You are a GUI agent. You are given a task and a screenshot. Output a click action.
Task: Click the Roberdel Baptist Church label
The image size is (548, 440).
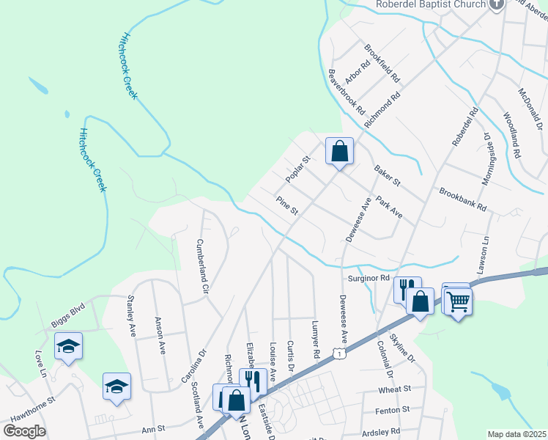tap(431, 4)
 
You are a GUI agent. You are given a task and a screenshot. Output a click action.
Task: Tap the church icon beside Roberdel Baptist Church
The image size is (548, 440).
tap(497, 4)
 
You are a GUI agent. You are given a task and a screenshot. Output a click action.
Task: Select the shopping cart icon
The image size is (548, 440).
tap(458, 300)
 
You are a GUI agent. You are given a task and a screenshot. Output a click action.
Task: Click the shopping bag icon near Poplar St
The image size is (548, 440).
tap(340, 152)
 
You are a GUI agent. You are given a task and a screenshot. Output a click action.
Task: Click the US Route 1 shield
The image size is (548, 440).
tap(338, 354)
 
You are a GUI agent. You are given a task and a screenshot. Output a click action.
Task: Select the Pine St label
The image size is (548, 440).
tap(286, 205)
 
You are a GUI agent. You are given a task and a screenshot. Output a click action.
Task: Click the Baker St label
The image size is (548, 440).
tap(388, 175)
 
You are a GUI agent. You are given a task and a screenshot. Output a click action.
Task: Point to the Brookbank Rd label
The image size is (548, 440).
tap(463, 200)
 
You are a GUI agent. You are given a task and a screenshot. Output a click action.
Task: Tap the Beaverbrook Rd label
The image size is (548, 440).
tap(347, 91)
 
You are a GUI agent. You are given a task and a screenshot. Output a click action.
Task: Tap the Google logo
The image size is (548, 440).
tap(24, 430)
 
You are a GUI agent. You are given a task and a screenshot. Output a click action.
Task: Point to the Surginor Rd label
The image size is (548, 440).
tap(369, 279)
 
